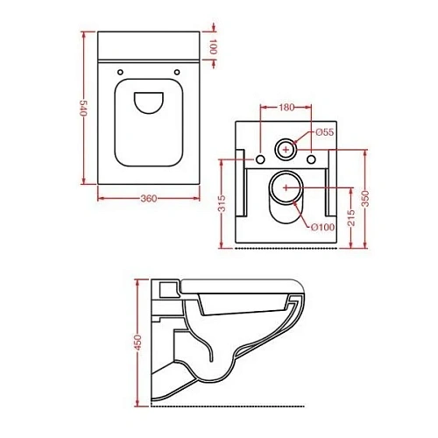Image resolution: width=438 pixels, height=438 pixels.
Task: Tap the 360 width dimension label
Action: click(x=148, y=199)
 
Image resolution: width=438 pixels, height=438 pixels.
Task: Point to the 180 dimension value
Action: click(x=286, y=109)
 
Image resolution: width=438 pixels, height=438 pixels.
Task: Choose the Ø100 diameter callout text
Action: click(x=322, y=228)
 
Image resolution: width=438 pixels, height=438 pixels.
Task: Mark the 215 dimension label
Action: click(x=350, y=216)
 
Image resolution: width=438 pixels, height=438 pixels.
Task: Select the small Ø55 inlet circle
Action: click(x=286, y=148)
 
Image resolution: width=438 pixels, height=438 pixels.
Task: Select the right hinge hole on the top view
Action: click(x=178, y=71)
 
